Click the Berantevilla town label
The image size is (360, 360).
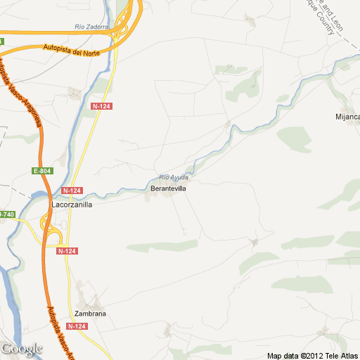[168, 189]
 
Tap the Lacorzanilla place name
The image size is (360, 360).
[72, 205]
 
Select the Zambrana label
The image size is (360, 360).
[90, 314]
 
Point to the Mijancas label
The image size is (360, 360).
[348, 116]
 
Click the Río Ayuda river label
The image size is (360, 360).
[174, 177]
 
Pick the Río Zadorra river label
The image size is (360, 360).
[91, 27]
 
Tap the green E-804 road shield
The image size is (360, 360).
[42, 171]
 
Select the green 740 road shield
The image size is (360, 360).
[6, 214]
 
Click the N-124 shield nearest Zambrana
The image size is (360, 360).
[77, 326]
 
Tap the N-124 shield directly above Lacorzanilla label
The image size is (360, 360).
[72, 191]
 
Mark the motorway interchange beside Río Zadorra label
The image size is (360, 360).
[127, 25]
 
